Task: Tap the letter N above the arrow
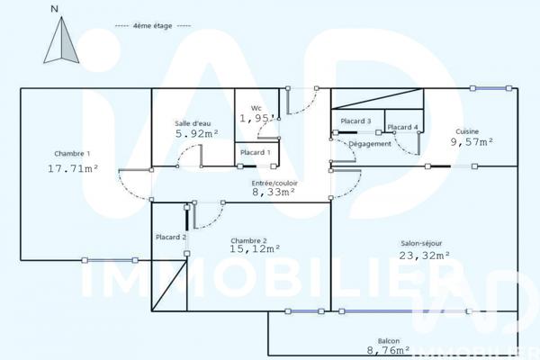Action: pos(55,8)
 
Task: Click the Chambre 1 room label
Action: pos(72,153)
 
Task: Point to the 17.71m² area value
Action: pos(73,167)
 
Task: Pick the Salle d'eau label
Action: pos(194,123)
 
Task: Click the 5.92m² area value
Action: pos(197,135)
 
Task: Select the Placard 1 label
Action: pos(256,153)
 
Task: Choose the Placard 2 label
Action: pos(170,237)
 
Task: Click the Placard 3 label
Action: pos(356,121)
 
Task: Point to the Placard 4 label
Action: pos(402,128)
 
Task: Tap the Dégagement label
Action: pos(370,144)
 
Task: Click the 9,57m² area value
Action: pos(472,142)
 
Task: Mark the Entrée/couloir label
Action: pos(273,182)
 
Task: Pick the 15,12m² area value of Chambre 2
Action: pos(256,250)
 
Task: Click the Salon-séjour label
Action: pos(424,243)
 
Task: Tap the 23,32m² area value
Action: pos(424,256)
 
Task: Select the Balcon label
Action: pos(389,341)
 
